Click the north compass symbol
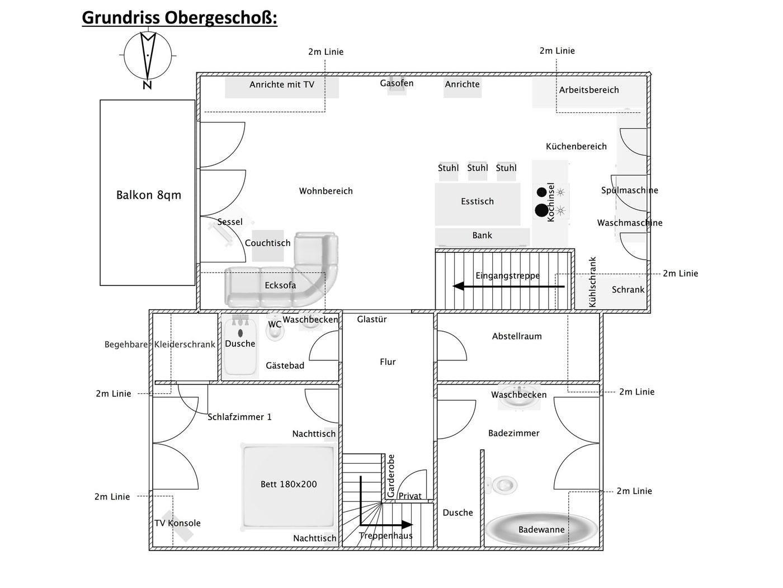coord(148,57)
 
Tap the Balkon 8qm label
coord(149,195)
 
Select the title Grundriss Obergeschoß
coord(180,18)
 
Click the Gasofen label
coord(397,83)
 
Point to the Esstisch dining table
coord(477,204)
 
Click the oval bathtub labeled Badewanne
coord(541,529)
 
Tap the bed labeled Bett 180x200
coord(289,487)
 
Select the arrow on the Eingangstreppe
coord(509,286)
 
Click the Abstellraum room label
coord(517,336)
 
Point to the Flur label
coord(388,362)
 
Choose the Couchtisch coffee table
coord(268,246)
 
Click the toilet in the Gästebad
coord(275,331)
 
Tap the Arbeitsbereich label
coord(589,90)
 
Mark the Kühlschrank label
coord(592,282)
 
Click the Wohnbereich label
coord(326,191)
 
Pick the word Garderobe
coord(391,476)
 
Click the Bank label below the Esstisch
coord(482,235)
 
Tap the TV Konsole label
coord(177,523)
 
